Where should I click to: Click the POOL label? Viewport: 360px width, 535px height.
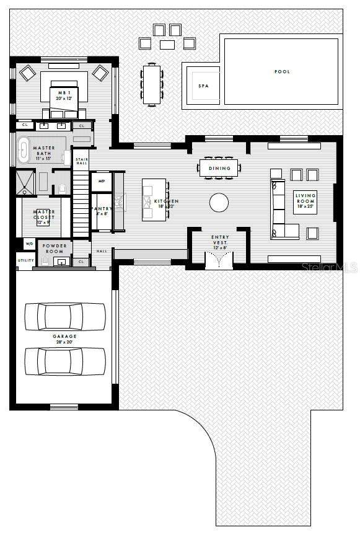click(x=282, y=72)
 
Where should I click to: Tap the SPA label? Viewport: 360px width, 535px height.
click(x=203, y=86)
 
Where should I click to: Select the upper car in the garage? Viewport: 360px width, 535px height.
click(x=65, y=316)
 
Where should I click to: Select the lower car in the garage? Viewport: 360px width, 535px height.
click(x=65, y=361)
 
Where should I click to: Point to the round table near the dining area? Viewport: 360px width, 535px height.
click(x=219, y=203)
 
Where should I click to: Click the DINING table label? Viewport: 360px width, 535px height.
click(x=219, y=168)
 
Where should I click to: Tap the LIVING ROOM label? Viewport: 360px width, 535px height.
click(x=305, y=199)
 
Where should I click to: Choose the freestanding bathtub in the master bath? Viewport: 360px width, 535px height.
click(x=24, y=151)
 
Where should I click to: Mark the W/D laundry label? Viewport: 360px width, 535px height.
click(x=29, y=244)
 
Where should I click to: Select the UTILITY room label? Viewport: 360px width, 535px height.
click(x=25, y=260)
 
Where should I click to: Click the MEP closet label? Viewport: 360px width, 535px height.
click(x=101, y=182)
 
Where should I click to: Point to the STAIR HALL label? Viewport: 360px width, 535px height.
click(x=82, y=161)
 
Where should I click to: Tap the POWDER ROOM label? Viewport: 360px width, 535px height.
click(x=55, y=248)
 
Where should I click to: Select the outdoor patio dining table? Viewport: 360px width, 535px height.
click(x=152, y=84)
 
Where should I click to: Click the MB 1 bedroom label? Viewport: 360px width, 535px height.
click(x=64, y=94)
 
